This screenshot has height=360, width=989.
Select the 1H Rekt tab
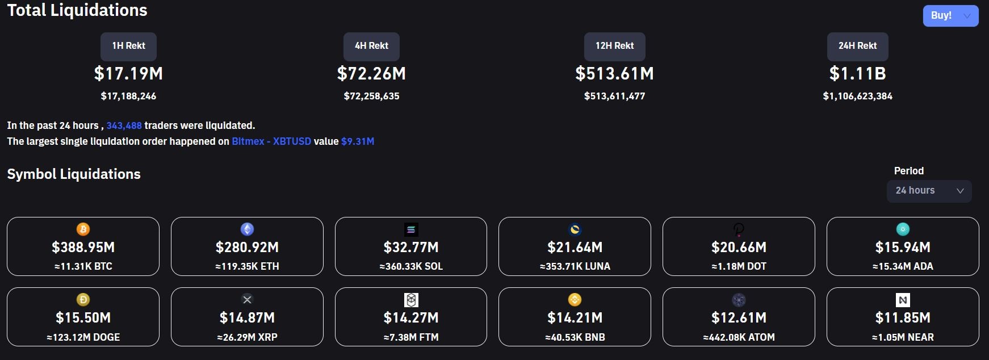pyautogui.click(x=128, y=46)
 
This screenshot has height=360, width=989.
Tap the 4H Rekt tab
pyautogui.click(x=371, y=46)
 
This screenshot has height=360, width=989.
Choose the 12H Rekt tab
pyautogui.click(x=614, y=46)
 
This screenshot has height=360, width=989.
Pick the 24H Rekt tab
pyautogui.click(x=857, y=46)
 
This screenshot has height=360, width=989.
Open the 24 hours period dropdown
pyautogui.click(x=929, y=191)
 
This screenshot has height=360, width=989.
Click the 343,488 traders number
pyautogui.click(x=124, y=125)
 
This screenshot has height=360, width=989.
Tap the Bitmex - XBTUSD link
pyautogui.click(x=271, y=141)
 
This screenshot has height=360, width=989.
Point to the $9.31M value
pyautogui.click(x=358, y=141)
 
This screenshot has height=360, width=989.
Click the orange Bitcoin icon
pyautogui.click(x=83, y=229)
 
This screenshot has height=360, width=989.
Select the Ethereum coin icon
pyautogui.click(x=247, y=229)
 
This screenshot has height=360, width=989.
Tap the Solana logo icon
pyautogui.click(x=411, y=229)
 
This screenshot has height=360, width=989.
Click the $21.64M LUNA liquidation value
pyautogui.click(x=575, y=248)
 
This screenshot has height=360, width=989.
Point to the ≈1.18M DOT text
pyautogui.click(x=739, y=266)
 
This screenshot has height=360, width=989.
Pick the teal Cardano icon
pyautogui.click(x=903, y=229)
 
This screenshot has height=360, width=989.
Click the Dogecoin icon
pyautogui.click(x=83, y=300)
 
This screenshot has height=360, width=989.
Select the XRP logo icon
pyautogui.click(x=247, y=300)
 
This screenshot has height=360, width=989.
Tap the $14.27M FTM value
pyautogui.click(x=411, y=318)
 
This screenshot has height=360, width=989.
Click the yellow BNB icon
pyautogui.click(x=575, y=300)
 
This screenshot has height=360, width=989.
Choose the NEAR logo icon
pyautogui.click(x=903, y=300)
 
